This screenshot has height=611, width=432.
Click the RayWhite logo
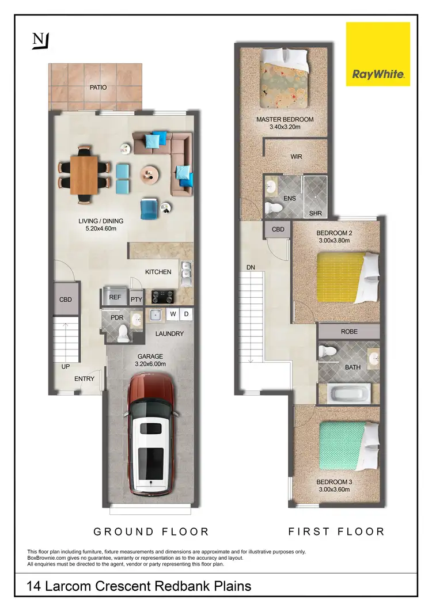[378, 54]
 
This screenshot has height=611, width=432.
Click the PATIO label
[98, 88]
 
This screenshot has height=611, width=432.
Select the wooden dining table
[84, 174]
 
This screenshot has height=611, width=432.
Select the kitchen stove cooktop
[162, 297]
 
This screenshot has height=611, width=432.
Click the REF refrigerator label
[115, 297]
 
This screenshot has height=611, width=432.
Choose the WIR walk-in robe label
[296, 157]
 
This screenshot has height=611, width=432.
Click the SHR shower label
[314, 213]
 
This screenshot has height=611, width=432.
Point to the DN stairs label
[251, 267]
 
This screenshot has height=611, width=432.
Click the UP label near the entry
[66, 366]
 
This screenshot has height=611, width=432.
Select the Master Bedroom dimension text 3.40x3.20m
[285, 127]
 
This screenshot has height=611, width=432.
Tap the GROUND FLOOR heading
[151, 532]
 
